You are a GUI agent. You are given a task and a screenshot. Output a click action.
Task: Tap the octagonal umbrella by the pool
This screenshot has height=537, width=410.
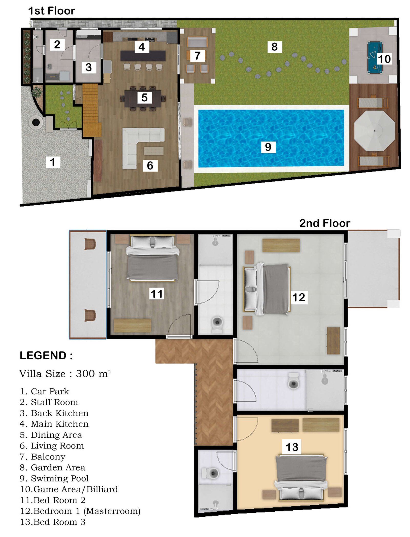pos(374,131)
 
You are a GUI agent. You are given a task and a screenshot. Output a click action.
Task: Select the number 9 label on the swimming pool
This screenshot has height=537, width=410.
pos(268,147)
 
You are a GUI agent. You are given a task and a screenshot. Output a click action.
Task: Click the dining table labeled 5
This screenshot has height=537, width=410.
pos(143,99)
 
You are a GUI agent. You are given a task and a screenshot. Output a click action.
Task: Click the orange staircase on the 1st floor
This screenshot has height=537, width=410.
pos(91,110)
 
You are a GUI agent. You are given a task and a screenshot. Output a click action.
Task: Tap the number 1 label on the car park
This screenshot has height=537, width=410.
pos(53,162)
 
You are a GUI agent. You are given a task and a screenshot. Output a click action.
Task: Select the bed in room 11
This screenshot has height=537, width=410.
pos(153,259)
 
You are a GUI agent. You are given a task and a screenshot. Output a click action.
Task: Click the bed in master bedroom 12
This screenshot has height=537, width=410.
pos(267,289)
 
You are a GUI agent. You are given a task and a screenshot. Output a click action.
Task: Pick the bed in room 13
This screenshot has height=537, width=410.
pos(301,478)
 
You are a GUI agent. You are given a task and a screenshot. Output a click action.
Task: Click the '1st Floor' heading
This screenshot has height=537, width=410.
pos(52,11)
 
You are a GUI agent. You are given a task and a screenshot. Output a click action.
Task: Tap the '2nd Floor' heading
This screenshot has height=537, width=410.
pos(325,223)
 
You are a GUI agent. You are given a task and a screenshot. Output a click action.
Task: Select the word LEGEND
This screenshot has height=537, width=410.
pos(43,356)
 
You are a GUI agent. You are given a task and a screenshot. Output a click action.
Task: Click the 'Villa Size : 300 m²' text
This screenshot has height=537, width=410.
pos(65,374)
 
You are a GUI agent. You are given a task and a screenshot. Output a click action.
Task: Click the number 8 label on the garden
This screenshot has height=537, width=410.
pos(275,47)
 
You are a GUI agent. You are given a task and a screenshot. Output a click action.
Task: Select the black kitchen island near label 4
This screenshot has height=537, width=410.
pos(143,56)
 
